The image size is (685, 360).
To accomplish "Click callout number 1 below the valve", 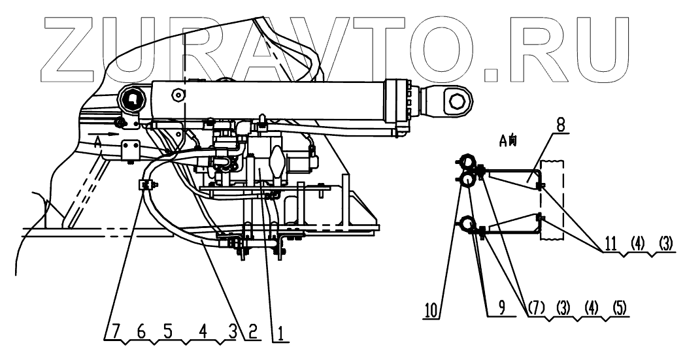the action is (278, 335).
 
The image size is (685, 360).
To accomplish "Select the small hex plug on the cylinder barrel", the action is (176, 97).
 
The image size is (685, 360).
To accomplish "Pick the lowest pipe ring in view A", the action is (468, 224).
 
